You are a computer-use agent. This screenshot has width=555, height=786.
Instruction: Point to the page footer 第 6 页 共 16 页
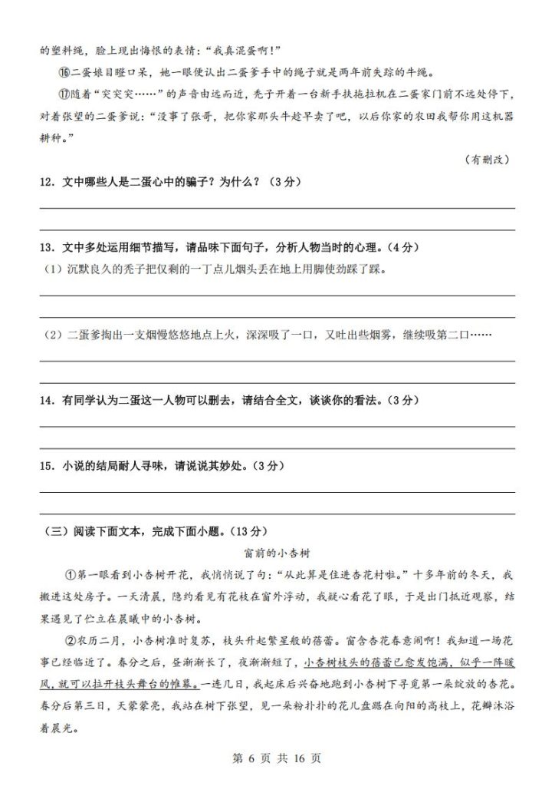(x=277, y=758)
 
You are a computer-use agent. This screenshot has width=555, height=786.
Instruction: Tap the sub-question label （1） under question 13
(x=51, y=269)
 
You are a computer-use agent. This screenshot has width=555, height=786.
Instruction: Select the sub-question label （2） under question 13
(x=51, y=335)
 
